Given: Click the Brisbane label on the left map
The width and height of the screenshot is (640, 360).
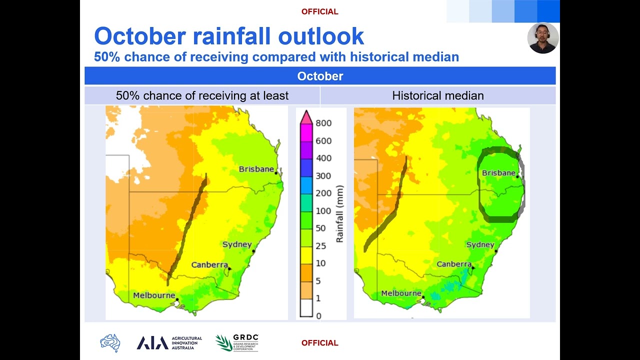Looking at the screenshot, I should [x=256, y=169].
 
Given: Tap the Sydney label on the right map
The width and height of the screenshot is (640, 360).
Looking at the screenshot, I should [x=480, y=244].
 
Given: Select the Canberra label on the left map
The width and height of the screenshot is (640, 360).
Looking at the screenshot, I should [x=209, y=264].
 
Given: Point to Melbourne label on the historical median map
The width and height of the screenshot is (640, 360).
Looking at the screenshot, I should [x=401, y=293].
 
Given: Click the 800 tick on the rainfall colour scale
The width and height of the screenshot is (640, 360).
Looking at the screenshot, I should [x=323, y=123].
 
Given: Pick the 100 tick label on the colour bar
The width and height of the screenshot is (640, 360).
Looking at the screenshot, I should [x=323, y=211].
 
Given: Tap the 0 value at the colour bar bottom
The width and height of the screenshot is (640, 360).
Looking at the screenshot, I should [x=318, y=315].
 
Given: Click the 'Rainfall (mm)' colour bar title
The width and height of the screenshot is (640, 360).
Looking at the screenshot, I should [x=340, y=214].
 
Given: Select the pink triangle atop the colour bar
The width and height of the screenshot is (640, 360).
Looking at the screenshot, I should [x=306, y=117].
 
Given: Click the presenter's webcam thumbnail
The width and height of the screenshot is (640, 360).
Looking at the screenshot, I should [x=542, y=38].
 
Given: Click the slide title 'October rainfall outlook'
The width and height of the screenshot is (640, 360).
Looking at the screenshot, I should [x=229, y=36].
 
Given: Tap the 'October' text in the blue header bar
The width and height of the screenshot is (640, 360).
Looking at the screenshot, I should [x=320, y=76].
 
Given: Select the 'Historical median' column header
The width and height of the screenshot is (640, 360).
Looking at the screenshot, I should [x=438, y=95].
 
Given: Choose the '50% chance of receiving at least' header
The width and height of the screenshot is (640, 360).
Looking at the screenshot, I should [x=202, y=95].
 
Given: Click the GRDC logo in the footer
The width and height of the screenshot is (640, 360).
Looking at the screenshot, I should [x=237, y=342].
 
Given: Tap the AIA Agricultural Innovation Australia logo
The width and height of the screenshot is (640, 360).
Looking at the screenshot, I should [x=169, y=342].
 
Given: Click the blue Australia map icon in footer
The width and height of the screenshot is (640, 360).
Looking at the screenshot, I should [x=110, y=343].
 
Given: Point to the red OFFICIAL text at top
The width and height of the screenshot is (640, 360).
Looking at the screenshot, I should [x=319, y=11].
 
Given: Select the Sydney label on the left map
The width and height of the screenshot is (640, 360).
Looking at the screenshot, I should [x=237, y=244].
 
